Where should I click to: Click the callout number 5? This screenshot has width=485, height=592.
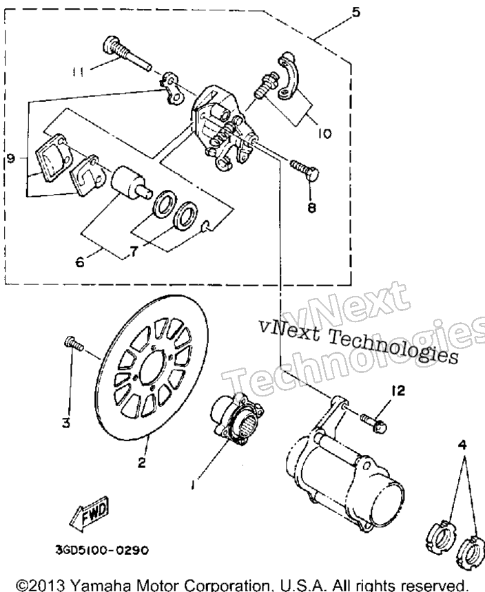[x=355, y=12]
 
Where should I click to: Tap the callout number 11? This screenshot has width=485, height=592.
[x=78, y=72]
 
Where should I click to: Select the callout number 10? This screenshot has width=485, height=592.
[x=324, y=134]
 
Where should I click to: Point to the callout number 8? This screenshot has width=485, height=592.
[x=311, y=207]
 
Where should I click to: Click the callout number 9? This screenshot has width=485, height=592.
[x=11, y=158]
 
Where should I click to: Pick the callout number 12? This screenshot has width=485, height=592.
[x=398, y=390]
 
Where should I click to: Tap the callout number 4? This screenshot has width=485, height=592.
[x=462, y=445]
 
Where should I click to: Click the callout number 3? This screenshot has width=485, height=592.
[x=66, y=423]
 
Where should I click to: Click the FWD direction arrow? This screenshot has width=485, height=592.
[x=89, y=514]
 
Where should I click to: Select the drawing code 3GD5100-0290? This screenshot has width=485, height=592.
[x=102, y=550]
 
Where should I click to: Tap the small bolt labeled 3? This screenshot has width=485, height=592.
[x=73, y=343]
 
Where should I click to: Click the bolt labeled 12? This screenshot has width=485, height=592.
[x=373, y=423]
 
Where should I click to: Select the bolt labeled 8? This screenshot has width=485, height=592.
[x=305, y=170]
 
